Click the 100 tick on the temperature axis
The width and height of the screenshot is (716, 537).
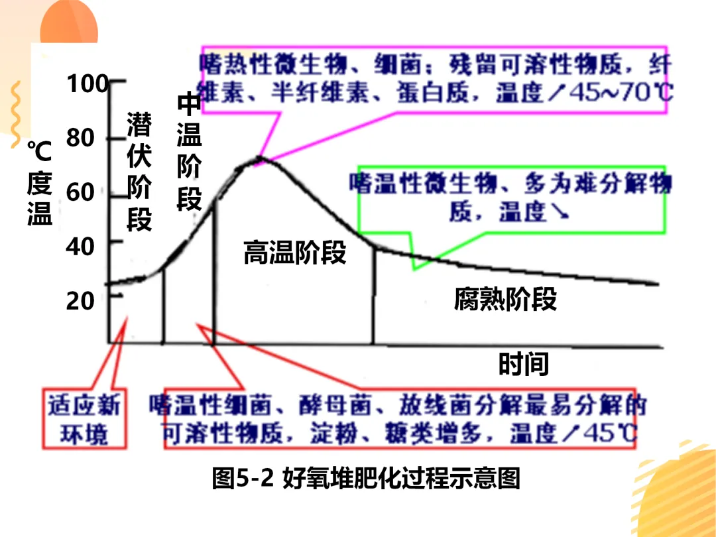(x=87, y=84)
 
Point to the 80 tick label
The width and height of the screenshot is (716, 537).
(x=80, y=138)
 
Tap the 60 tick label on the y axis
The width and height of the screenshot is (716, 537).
(x=80, y=192)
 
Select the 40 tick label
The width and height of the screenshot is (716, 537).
(x=80, y=246)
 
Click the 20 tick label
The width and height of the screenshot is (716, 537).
(x=80, y=300)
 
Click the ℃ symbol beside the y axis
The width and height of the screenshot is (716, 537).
(x=39, y=152)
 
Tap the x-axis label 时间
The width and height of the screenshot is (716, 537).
(x=524, y=365)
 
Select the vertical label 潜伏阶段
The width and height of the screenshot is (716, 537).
(x=139, y=172)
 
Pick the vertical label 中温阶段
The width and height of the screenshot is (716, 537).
(x=189, y=152)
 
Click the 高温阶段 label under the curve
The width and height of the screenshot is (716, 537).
(x=295, y=253)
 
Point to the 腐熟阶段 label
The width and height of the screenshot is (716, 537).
(x=505, y=300)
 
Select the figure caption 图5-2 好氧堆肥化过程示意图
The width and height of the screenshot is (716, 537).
(x=365, y=477)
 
